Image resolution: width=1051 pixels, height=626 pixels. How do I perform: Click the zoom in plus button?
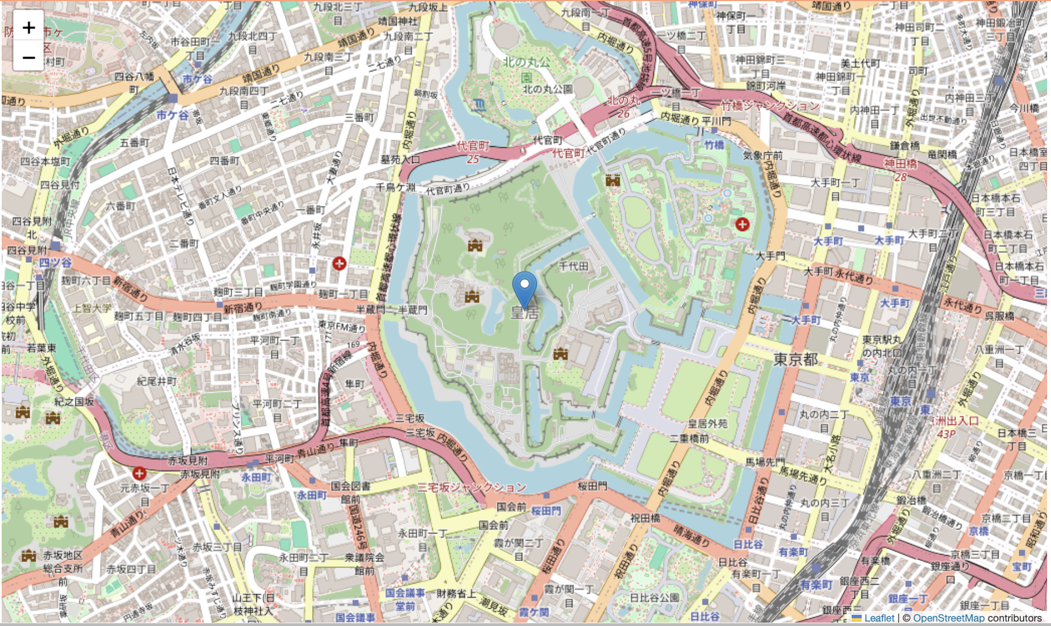pos(28,27)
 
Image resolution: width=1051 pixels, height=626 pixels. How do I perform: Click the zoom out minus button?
pos(28,57)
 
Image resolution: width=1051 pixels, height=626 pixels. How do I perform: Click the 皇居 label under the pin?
pos(525,312)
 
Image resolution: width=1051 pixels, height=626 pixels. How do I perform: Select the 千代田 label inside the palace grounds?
pos(574,267)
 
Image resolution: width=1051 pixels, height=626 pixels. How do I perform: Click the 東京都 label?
pos(795,359)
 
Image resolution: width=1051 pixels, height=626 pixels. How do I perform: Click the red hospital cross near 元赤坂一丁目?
pos(139,474)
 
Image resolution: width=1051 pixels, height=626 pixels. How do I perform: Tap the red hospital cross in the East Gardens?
pos(742,224)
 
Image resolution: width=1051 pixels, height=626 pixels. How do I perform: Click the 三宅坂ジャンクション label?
pos(472,487)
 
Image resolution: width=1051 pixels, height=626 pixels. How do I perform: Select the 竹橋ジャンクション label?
pos(770,105)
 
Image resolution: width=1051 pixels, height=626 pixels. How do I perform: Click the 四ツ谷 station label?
pos(55,262)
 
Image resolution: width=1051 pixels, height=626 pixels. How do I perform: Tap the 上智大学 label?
pos(92,308)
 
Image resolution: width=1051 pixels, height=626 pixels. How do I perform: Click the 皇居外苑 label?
pos(708,424)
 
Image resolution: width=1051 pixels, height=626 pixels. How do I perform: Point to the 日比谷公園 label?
pos(654,598)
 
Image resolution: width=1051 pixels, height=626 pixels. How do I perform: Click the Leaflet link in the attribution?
pos(879,618)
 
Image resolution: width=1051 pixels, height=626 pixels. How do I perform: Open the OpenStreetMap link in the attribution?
pos(948,618)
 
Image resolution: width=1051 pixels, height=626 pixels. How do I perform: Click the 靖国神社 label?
pos(398,21)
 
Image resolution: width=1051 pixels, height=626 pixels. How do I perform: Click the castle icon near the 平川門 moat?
pos(613,180)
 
